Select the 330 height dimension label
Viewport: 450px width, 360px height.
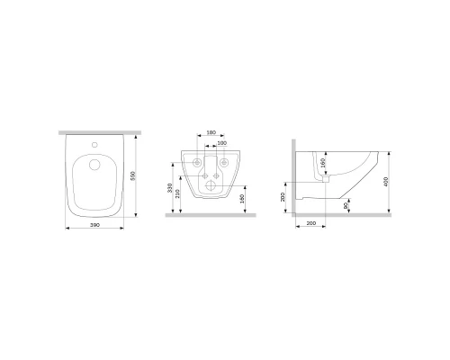tap(170, 187)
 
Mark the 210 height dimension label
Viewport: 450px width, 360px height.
tap(179, 194)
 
